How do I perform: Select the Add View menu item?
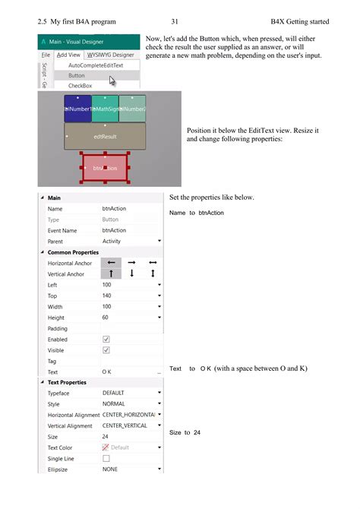point(69,55)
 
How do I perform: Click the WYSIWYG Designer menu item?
point(110,55)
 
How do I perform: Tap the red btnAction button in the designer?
point(106,168)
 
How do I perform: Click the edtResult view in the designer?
point(105,137)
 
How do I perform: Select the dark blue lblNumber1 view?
point(77,109)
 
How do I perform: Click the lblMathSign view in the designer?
point(105,109)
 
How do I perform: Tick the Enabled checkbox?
point(106,340)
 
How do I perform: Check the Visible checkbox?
point(106,350)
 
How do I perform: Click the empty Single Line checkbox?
point(106,459)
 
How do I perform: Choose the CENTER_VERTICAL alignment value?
point(126,426)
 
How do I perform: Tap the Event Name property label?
point(62,230)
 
